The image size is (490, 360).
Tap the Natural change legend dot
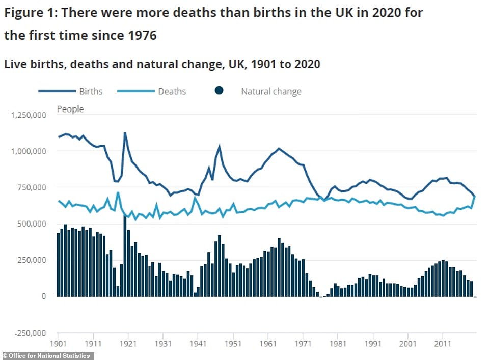point(219,91)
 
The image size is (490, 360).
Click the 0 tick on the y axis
point(44,296)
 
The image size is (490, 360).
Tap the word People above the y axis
point(70,109)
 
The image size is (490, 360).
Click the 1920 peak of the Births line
point(125,133)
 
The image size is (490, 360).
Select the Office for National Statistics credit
point(47,355)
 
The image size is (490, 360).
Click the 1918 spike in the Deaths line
point(118,192)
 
